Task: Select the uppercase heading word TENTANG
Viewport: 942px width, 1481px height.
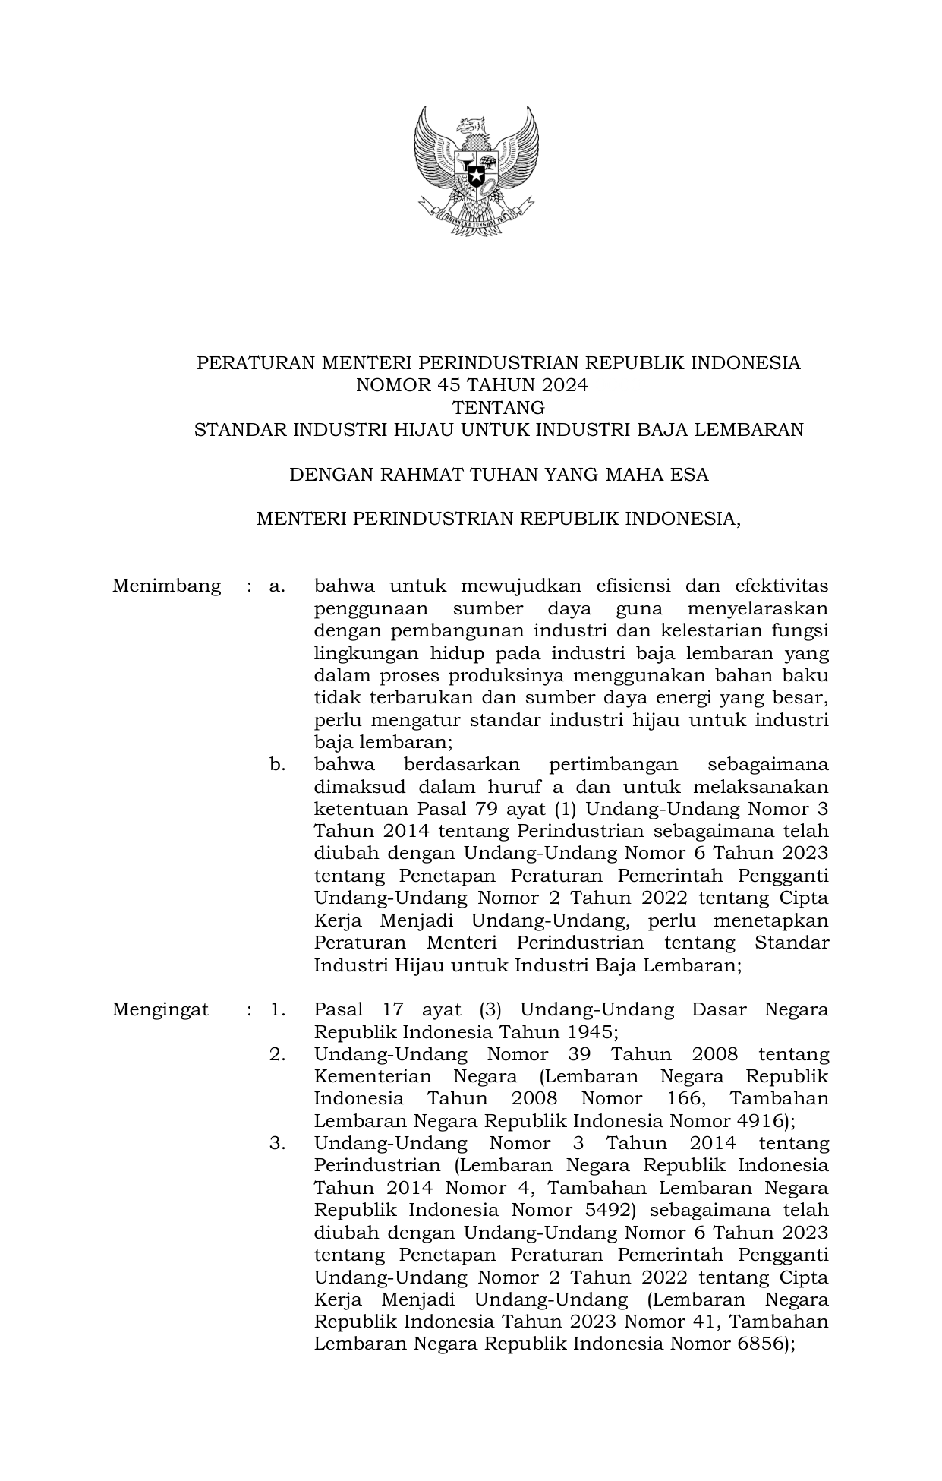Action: point(498,408)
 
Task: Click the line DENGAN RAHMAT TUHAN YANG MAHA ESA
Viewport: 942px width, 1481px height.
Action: point(499,475)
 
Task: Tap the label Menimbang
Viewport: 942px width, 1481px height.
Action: point(167,586)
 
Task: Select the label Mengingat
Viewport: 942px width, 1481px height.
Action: point(160,1009)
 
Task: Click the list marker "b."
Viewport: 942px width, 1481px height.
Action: point(277,764)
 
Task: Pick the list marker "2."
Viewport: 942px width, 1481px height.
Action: point(277,1054)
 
